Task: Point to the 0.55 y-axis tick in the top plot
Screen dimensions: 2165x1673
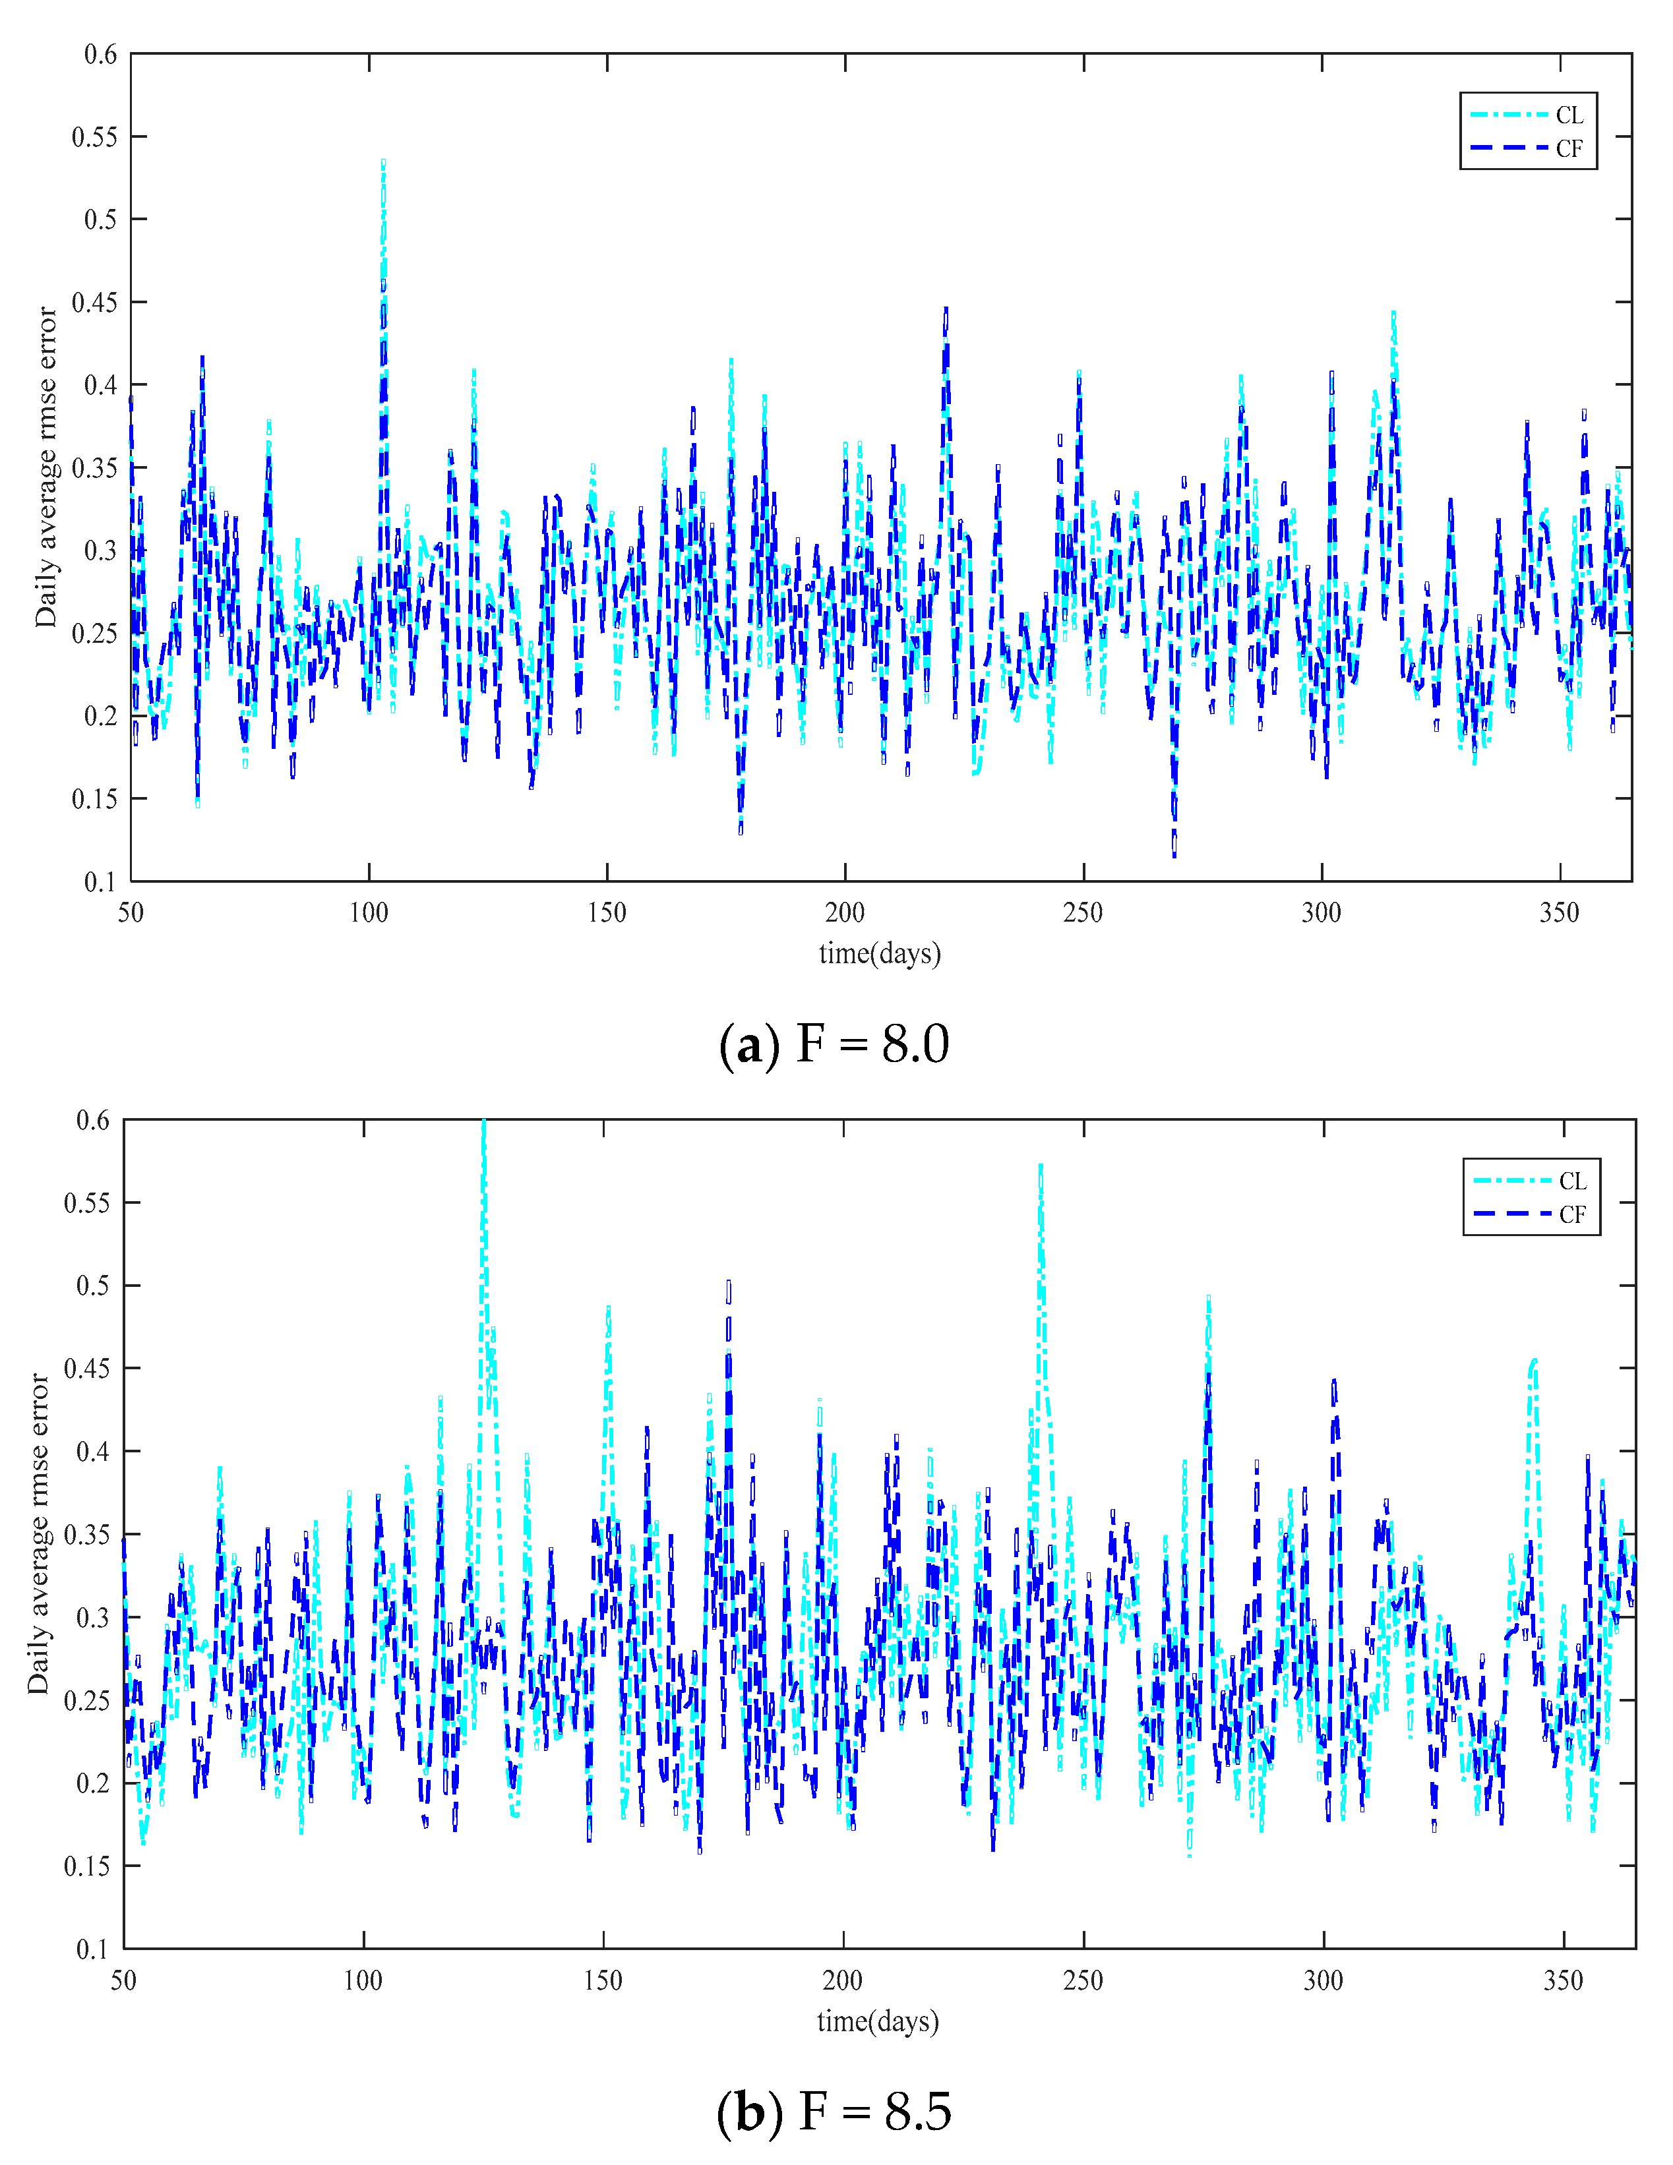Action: tap(94, 137)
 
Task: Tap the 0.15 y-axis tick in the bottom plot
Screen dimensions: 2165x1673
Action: tap(87, 1866)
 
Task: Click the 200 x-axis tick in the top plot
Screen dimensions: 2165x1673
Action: tap(845, 912)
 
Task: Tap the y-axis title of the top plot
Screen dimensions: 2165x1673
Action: tap(46, 467)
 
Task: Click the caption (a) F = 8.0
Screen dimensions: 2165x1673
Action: tap(834, 1045)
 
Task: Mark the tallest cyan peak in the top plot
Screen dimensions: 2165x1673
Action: tap(384, 162)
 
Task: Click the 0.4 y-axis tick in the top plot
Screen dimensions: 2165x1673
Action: tap(100, 384)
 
